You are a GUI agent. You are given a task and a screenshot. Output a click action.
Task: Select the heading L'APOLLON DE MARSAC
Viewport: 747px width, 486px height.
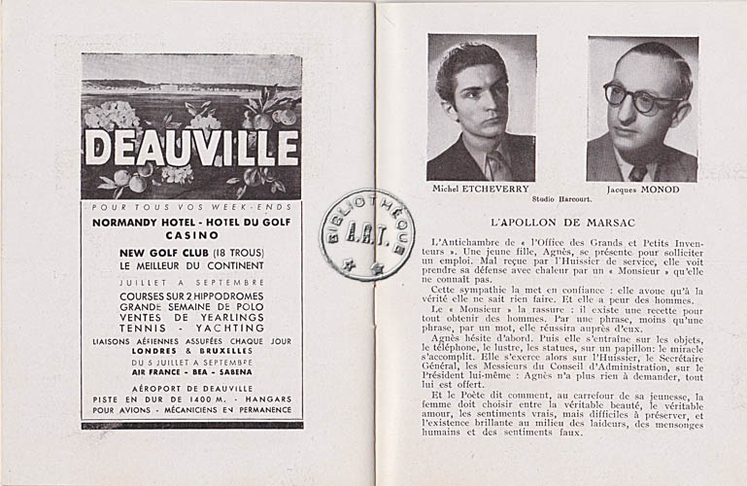point(560,222)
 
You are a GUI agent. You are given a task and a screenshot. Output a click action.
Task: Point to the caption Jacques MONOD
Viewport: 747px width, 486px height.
point(642,190)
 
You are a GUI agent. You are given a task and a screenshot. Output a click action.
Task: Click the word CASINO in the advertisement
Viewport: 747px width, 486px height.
point(191,235)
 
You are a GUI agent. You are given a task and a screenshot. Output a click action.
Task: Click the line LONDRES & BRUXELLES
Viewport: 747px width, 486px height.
point(191,351)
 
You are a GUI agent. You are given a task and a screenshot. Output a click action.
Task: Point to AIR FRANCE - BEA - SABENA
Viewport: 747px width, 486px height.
point(191,371)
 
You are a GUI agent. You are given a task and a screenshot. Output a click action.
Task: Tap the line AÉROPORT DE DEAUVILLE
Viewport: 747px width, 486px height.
point(191,386)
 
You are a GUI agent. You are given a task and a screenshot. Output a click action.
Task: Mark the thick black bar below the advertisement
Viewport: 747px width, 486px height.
point(191,424)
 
